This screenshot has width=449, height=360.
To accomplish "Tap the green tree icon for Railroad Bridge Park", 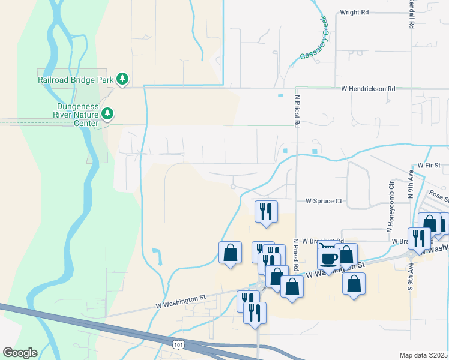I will pyautogui.click(x=122, y=79).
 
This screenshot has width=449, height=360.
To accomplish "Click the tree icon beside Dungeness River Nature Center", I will pyautogui.click(x=107, y=113).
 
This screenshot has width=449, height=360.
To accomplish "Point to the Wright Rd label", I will pyautogui.click(x=354, y=12).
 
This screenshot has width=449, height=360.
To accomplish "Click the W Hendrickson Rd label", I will pyautogui.click(x=368, y=89).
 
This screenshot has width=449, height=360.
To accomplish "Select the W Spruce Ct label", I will pyautogui.click(x=324, y=202).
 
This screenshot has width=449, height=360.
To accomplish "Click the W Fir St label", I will pyautogui.click(x=429, y=164).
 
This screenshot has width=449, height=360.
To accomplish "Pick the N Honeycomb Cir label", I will pyautogui.click(x=390, y=206).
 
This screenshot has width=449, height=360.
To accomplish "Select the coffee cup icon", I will pyautogui.click(x=328, y=258).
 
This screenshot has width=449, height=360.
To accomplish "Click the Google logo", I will pyautogui.click(x=20, y=353).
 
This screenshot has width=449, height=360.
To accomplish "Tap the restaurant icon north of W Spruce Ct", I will pyautogui.click(x=265, y=211).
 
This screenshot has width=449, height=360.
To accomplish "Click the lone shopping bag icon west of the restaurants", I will pyautogui.click(x=230, y=253).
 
